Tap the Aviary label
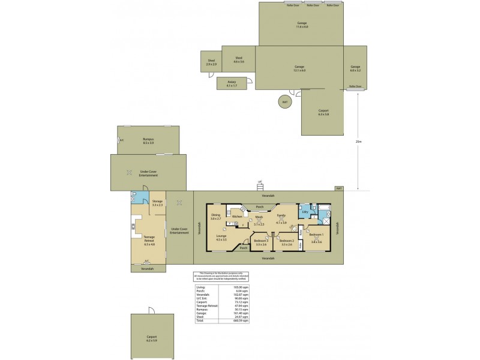pyautogui.click(x=232, y=82)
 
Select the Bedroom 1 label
pyautogui.click(x=316, y=235)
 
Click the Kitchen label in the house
pyautogui.click(x=237, y=216)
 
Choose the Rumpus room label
pyautogui.click(x=148, y=139)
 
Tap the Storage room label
pyautogui.click(x=157, y=202)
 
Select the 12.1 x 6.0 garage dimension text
pyautogui.click(x=299, y=71)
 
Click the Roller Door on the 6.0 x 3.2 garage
pyautogui.click(x=355, y=86)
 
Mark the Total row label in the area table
pyautogui.click(x=200, y=320)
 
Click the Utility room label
pyautogui.click(x=305, y=212)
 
